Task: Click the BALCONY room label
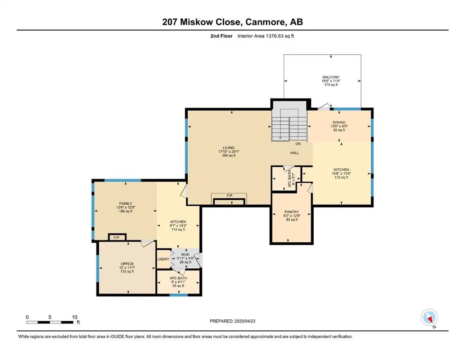[x=331, y=77]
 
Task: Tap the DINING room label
[x=339, y=122]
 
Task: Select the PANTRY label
[x=292, y=212]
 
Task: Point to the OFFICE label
[x=127, y=264]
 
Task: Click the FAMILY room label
[x=126, y=203]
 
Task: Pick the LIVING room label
[x=229, y=148]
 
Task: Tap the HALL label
[x=295, y=153]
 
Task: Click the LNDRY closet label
[x=163, y=259]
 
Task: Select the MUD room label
[x=185, y=255]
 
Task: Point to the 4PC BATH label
[x=178, y=278]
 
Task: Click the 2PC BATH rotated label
[x=289, y=179]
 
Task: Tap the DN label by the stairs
[x=298, y=143]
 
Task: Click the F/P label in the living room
[x=229, y=195]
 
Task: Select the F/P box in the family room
[x=117, y=238]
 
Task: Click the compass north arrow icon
[x=429, y=318]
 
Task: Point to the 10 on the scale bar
[x=75, y=317]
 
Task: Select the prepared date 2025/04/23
[x=244, y=321]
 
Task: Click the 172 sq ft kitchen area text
[x=341, y=178]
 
